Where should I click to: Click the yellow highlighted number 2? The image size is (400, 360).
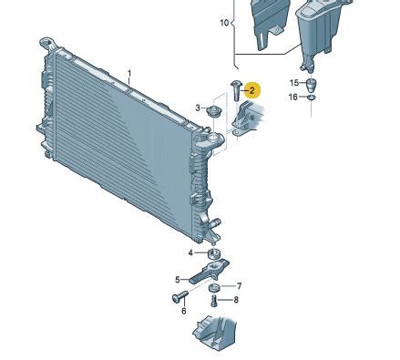point(252,90)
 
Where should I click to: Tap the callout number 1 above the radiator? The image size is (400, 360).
point(129,74)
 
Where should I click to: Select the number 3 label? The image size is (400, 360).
point(198,108)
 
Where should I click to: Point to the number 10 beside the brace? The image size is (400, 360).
point(224,23)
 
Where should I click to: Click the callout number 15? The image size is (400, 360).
point(294,83)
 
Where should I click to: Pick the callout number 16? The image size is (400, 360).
point(292,97)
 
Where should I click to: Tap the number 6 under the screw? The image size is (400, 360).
point(184,311)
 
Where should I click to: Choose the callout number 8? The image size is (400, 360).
point(236,300)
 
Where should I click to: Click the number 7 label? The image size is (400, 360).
point(239,286)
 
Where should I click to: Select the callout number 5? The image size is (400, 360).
point(178,280)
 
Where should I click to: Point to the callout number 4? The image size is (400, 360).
point(190,252)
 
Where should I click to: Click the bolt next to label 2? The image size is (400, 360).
point(236,91)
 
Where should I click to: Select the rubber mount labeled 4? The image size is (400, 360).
point(214,253)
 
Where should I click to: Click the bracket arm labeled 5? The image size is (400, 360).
point(210,271)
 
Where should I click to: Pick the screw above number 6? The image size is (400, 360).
point(179,296)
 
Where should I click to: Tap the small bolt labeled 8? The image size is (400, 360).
point(214,301)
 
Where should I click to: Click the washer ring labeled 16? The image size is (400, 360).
point(312,98)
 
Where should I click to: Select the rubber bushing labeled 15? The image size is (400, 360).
point(311,85)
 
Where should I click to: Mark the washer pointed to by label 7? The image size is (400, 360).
point(215,288)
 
